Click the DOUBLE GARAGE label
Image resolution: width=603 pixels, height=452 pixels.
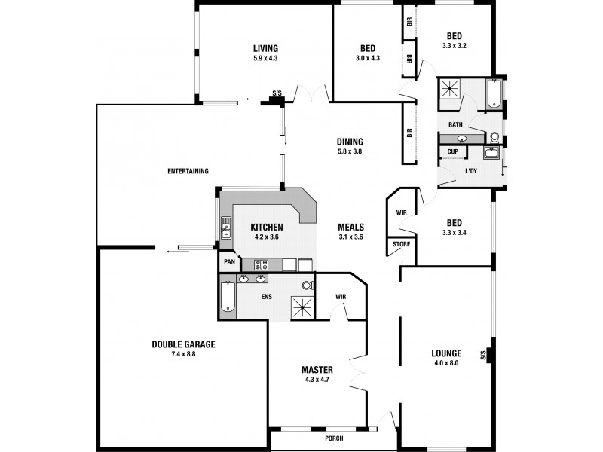[x=183, y=344]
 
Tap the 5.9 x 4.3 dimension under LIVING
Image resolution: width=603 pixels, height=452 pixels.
[x=265, y=57]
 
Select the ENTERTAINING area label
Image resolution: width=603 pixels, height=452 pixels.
[x=188, y=170]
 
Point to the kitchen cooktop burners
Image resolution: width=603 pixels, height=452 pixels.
[x=262, y=264]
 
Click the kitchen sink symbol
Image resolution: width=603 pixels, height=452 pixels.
[x=225, y=227]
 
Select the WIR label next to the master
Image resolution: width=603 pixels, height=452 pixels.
[x=341, y=297]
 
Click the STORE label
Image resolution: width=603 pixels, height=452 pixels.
[x=400, y=244]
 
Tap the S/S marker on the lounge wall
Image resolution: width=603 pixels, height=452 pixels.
[x=482, y=355]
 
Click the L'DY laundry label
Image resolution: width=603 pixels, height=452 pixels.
[x=471, y=171]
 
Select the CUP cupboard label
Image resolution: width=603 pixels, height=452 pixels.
[x=452, y=152]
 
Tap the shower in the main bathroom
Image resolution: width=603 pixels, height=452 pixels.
[x=451, y=90]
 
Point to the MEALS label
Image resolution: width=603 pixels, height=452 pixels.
[x=352, y=227]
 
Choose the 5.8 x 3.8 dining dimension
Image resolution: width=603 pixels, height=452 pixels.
[x=350, y=151]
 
